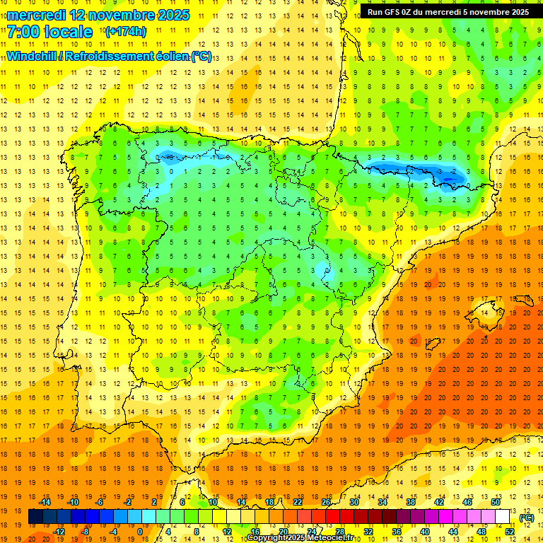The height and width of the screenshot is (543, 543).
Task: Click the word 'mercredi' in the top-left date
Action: coord(36,15)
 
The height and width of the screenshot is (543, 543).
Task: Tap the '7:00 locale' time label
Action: coord(49,32)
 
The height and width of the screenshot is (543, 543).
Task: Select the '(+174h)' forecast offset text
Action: coord(125,32)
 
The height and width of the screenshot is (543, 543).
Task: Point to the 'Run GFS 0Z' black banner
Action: coord(448,11)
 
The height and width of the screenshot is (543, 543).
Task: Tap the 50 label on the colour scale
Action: coord(495,501)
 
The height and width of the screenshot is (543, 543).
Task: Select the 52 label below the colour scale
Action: coord(510,531)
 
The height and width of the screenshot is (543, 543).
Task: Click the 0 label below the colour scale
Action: coord(140,531)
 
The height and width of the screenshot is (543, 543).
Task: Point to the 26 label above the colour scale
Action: coord(326,501)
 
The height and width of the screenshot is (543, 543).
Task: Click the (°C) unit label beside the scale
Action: coord(526,518)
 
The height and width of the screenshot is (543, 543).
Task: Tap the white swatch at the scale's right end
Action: coord(503,516)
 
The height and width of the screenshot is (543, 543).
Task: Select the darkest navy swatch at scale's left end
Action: coord(35,516)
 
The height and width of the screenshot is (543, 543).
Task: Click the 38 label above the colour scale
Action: coord(410,501)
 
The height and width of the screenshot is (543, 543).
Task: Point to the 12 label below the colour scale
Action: coord(227,531)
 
